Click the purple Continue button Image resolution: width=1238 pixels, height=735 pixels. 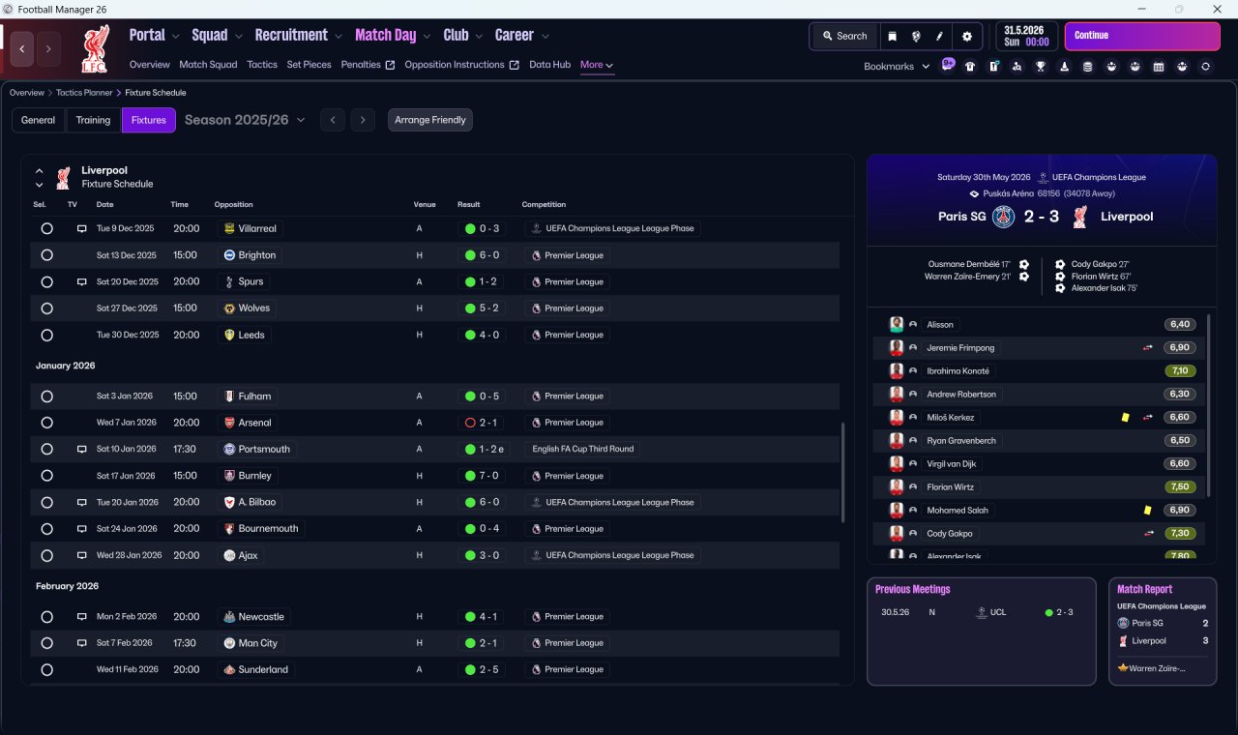(1142, 36)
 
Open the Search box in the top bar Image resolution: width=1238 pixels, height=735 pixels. (845, 36)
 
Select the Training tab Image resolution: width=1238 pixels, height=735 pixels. (93, 120)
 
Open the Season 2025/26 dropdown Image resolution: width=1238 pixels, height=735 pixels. (245, 120)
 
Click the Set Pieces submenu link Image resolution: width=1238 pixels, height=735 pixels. (309, 65)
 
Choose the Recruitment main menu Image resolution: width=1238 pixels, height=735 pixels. (291, 36)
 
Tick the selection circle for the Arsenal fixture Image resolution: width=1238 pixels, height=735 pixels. (47, 423)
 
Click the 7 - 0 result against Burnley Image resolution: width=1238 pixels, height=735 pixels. (483, 476)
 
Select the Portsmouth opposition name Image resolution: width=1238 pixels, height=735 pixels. (264, 450)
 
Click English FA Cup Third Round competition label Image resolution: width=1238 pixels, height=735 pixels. (583, 449)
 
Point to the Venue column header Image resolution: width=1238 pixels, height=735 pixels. (425, 204)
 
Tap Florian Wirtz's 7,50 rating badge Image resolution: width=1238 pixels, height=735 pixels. (1180, 486)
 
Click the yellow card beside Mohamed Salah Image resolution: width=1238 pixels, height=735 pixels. (1147, 510)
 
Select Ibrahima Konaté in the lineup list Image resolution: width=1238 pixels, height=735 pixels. (958, 370)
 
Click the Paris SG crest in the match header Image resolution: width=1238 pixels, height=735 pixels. (1003, 217)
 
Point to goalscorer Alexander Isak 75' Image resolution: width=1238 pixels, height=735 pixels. (1104, 288)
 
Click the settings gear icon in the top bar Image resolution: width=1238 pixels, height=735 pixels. (966, 37)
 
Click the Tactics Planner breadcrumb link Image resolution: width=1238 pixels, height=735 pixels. (84, 93)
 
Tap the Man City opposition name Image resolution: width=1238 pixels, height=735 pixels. (257, 643)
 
